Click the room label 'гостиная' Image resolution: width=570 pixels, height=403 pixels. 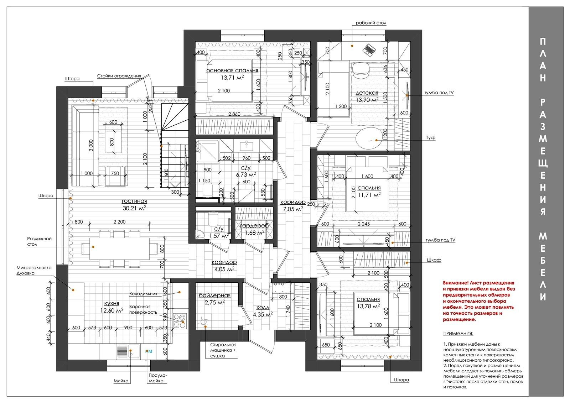pyautogui.click(x=134, y=201)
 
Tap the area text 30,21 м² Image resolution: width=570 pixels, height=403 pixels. pyautogui.click(x=134, y=208)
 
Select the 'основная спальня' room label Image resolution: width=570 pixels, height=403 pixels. pyautogui.click(x=232, y=70)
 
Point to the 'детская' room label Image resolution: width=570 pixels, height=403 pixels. pyautogui.click(x=367, y=93)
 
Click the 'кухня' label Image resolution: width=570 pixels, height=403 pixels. pyautogui.click(x=112, y=304)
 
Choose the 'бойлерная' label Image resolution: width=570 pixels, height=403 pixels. pyautogui.click(x=214, y=295)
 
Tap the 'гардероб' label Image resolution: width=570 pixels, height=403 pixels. pyautogui.click(x=254, y=226)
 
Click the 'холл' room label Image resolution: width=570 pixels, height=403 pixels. pyautogui.click(x=263, y=308)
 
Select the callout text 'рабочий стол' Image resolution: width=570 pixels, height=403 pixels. pyautogui.click(x=371, y=23)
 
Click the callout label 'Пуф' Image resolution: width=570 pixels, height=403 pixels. pyautogui.click(x=430, y=137)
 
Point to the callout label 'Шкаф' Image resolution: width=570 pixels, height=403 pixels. pyautogui.click(x=434, y=260)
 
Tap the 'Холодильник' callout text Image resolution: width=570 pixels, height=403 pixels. pyautogui.click(x=143, y=294)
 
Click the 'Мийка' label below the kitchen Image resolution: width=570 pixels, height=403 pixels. pyautogui.click(x=121, y=381)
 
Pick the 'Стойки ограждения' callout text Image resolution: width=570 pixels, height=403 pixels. pyautogui.click(x=119, y=76)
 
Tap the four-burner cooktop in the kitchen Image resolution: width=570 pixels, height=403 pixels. pyautogui.click(x=180, y=321)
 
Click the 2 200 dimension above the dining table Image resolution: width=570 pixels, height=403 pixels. pyautogui.click(x=119, y=222)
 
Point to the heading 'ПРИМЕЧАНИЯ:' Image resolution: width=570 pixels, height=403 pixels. pyautogui.click(x=458, y=333)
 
